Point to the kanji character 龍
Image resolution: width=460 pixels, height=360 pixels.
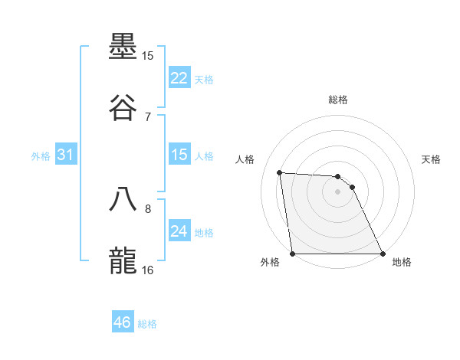[124, 259]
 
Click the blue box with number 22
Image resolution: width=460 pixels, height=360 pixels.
[179, 78]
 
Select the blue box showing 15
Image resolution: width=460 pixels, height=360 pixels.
[179, 155]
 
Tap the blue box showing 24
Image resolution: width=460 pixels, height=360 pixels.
[179, 231]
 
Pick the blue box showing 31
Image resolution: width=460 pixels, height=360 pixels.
[65, 155]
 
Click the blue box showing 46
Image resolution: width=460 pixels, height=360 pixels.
[122, 322]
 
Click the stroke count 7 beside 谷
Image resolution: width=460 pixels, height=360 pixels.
[148, 116]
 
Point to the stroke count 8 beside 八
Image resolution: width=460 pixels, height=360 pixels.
[148, 208]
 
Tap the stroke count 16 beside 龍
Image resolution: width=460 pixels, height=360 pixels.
[148, 269]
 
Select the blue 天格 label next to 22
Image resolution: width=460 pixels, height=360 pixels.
[204, 79]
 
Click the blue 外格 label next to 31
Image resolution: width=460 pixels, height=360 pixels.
[41, 155]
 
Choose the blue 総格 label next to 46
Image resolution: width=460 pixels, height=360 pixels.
[147, 323]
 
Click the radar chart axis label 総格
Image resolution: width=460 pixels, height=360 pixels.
[338, 100]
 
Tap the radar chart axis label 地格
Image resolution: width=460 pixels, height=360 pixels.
[402, 262]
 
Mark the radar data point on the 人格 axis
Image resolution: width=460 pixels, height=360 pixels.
[280, 172]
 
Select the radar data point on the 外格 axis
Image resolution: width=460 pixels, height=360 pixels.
[293, 254]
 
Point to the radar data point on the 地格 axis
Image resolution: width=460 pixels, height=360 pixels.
[383, 254]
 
